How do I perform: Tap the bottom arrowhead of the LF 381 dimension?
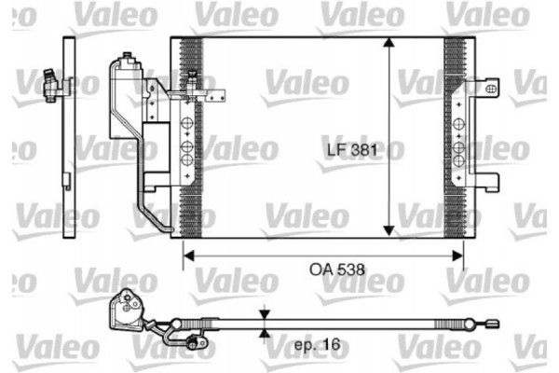389,233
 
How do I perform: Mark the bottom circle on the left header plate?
185,160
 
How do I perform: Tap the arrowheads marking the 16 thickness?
266,325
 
